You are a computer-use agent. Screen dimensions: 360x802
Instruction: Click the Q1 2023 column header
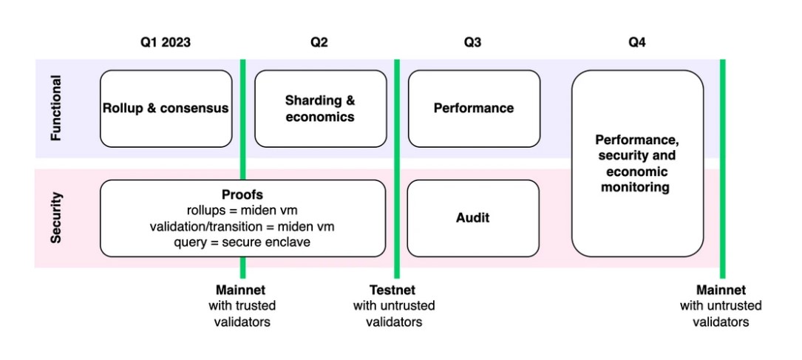pyautogui.click(x=166, y=43)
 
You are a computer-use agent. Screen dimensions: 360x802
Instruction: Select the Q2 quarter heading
pyautogui.click(x=319, y=43)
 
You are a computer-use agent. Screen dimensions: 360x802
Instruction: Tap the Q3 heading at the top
pyautogui.click(x=472, y=43)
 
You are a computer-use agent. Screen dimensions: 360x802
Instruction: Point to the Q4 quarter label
pyautogui.click(x=636, y=43)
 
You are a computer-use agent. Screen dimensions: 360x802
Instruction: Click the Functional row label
pyautogui.click(x=57, y=108)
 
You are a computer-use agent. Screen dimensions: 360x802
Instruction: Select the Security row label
pyautogui.click(x=57, y=218)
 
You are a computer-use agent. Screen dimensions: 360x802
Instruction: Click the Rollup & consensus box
pyautogui.click(x=166, y=108)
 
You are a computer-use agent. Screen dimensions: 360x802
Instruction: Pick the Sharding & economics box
pyautogui.click(x=320, y=108)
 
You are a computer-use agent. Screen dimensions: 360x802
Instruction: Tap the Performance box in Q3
pyautogui.click(x=474, y=108)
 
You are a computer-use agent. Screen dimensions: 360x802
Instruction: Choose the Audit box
pyautogui.click(x=473, y=218)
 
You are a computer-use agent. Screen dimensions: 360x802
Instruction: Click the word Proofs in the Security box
pyautogui.click(x=242, y=195)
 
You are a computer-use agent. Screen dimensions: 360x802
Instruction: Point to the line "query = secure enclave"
pyautogui.click(x=242, y=242)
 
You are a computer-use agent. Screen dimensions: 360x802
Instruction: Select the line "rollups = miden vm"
pyautogui.click(x=242, y=211)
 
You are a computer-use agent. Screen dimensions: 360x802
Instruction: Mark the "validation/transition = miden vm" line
pyautogui.click(x=242, y=226)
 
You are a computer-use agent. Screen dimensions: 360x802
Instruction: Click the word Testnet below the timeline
pyautogui.click(x=392, y=290)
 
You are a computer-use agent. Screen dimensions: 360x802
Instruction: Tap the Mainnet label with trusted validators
pyautogui.click(x=241, y=290)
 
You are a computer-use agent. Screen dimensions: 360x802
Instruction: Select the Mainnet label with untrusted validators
pyautogui.click(x=721, y=290)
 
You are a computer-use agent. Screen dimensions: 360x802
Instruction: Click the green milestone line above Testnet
pyautogui.click(x=397, y=163)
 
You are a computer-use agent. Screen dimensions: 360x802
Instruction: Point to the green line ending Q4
pyautogui.click(x=722, y=163)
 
